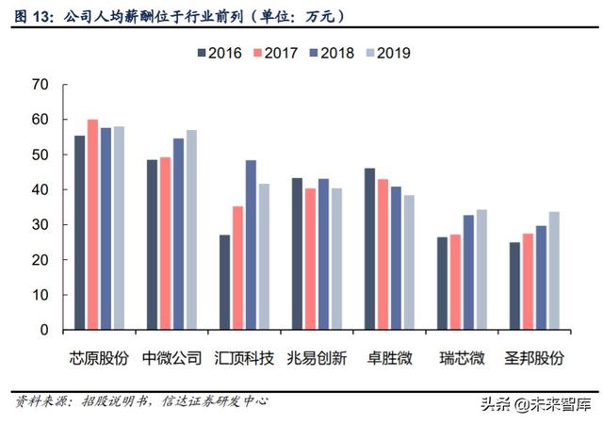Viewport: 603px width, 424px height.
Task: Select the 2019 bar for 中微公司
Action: [x=191, y=230]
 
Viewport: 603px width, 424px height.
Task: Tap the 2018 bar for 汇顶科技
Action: [x=252, y=245]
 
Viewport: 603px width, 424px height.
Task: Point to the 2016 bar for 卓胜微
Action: [x=370, y=250]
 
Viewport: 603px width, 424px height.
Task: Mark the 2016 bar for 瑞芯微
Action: [x=443, y=284]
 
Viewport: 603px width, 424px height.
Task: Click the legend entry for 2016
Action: [x=224, y=53]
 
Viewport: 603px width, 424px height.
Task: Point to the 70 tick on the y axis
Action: [x=40, y=85]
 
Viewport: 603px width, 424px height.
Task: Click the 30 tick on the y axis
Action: [x=40, y=225]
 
